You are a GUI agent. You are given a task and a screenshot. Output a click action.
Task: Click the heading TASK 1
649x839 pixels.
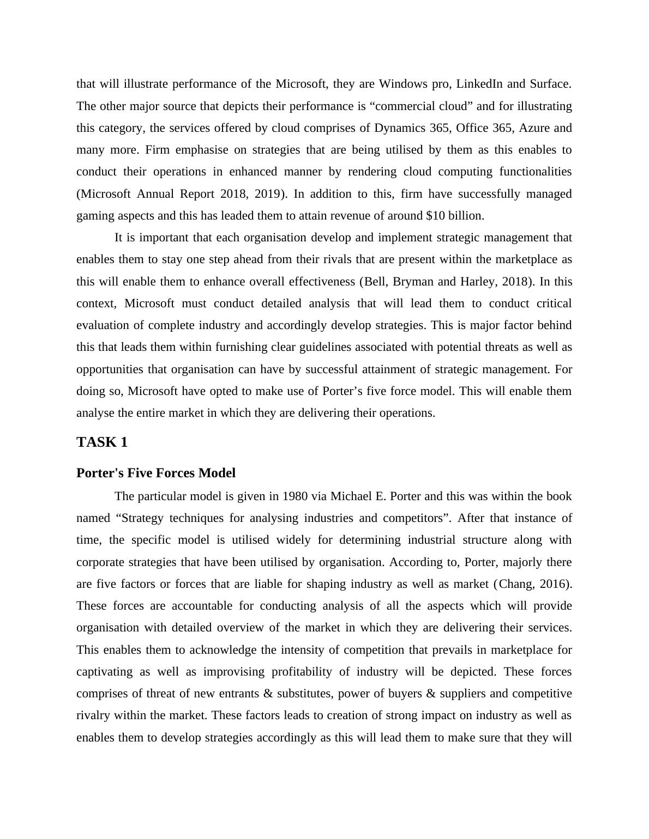pyautogui.click(x=102, y=442)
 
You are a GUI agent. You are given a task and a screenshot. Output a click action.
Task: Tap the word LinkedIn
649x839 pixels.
pyautogui.click(x=479, y=84)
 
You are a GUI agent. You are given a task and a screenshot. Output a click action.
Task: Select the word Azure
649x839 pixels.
pyautogui.click(x=534, y=128)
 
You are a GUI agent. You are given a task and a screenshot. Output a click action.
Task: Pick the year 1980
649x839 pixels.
pyautogui.click(x=296, y=496)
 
